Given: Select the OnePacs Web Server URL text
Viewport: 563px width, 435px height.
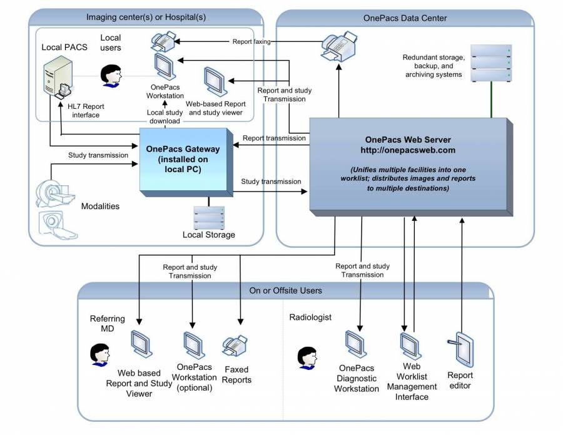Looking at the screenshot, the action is click(408, 150).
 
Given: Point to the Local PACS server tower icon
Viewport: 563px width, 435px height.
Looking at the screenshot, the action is click(58, 79).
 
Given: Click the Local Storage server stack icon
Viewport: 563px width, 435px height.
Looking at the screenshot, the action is click(209, 218).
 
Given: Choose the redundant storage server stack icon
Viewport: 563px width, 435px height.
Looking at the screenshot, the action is click(491, 63).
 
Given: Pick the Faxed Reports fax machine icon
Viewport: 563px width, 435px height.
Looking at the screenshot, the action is click(235, 345).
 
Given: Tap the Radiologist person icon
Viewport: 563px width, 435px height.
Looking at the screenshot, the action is click(307, 358).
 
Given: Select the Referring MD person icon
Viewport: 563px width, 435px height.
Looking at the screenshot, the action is click(100, 354).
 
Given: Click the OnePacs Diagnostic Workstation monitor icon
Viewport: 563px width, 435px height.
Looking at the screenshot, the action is click(356, 344).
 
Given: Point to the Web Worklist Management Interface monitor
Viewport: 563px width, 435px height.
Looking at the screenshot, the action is click(411, 346).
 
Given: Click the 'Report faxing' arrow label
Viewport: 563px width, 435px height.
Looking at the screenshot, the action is click(251, 42).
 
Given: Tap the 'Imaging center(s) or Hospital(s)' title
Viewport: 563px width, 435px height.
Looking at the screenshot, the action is click(146, 17).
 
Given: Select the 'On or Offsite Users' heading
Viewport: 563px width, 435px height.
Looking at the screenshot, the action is click(285, 290).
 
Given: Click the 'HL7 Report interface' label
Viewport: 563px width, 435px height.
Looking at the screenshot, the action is click(86, 111).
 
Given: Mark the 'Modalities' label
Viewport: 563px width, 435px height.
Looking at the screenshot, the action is click(100, 206).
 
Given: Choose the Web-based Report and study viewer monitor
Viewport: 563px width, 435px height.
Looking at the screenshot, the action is click(215, 81).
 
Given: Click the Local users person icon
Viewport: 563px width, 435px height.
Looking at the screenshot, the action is click(111, 76).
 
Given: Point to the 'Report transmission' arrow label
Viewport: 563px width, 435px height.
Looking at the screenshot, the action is click(274, 138).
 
